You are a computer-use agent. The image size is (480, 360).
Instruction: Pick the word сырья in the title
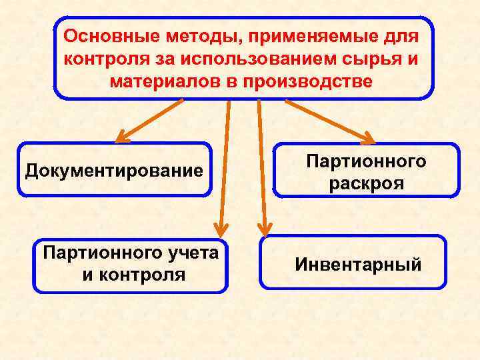point(375,59)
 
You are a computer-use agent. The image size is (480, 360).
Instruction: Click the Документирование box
point(114,170)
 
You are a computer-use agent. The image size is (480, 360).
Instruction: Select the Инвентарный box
point(358,265)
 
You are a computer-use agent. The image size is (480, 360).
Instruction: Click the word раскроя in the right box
point(366,183)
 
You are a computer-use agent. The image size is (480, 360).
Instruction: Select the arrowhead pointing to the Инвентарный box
point(265,230)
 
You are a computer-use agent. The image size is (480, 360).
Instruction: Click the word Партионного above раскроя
point(366,161)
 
